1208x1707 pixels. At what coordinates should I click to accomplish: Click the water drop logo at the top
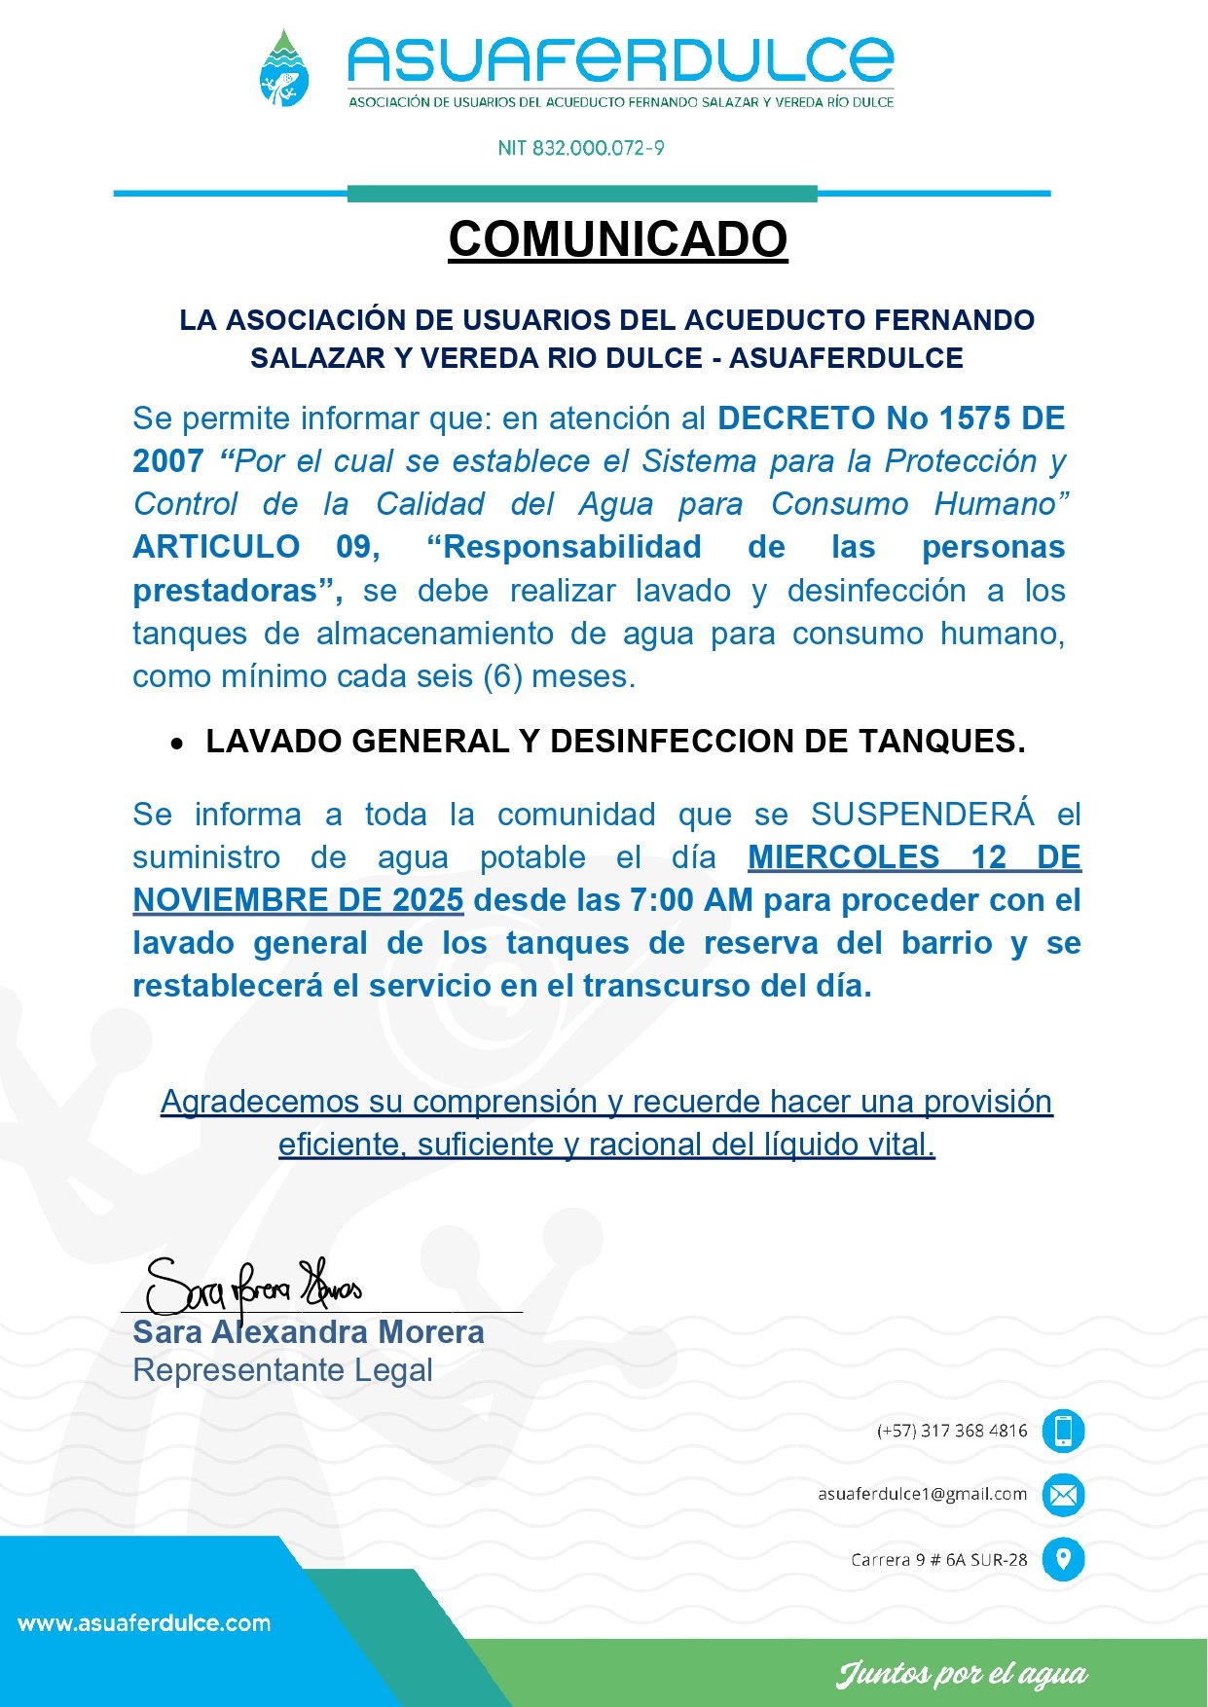[x=284, y=69]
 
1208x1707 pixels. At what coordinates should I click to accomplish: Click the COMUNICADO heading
[x=617, y=239]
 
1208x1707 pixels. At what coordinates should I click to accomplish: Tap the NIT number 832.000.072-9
[x=581, y=148]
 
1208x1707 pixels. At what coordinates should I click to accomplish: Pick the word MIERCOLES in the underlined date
[x=843, y=857]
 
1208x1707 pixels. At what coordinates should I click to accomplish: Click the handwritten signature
[x=252, y=1287]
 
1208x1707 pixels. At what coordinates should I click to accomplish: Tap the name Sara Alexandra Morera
[x=308, y=1331]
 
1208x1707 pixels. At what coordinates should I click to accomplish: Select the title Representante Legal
[x=282, y=1370]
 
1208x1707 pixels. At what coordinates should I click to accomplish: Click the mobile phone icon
[x=1063, y=1431]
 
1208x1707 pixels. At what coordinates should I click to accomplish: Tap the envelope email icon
[x=1063, y=1495]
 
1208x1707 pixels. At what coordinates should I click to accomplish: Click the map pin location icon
[x=1063, y=1559]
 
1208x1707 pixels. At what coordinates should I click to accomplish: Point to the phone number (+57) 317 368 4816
[x=951, y=1431]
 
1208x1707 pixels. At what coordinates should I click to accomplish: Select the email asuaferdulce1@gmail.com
[x=922, y=1494]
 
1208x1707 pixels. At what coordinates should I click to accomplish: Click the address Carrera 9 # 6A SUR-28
[x=938, y=1559]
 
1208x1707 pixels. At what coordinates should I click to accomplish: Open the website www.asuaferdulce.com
[x=144, y=1623]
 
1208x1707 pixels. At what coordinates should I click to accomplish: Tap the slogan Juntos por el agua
[x=961, y=1674]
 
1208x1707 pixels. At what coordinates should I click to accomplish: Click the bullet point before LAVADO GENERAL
[x=176, y=744]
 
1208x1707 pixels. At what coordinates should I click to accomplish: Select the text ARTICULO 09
[x=255, y=547]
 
